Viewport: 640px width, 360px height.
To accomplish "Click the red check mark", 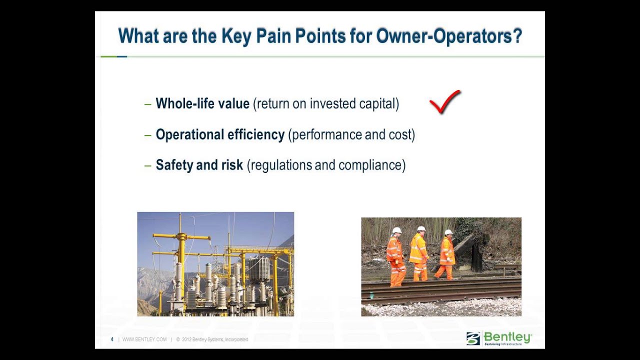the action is (444, 102).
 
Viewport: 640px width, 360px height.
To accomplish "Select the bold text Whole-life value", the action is (202, 103).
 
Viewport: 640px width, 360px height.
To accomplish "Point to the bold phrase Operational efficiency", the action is (220, 134).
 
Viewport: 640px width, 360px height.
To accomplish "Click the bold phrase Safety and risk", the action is (199, 165).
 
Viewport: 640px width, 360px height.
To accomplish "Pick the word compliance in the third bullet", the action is (372, 165).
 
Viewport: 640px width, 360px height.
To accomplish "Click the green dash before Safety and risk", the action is (147, 165).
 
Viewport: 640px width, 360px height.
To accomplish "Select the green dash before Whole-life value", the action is (147, 104).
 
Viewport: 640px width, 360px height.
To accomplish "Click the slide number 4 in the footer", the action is (112, 339).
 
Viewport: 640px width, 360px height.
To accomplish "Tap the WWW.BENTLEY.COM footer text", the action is (144, 339).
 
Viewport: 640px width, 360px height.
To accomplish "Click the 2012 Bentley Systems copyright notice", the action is (212, 339).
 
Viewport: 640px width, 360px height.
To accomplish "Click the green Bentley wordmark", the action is (507, 337).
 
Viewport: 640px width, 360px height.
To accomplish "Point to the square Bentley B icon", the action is (473, 338).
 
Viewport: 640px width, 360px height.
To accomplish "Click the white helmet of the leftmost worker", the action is (397, 230).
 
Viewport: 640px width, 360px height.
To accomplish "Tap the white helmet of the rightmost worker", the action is (448, 232).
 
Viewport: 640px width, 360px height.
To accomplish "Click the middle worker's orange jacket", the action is (418, 249).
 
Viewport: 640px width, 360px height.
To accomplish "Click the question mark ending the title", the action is (517, 36).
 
